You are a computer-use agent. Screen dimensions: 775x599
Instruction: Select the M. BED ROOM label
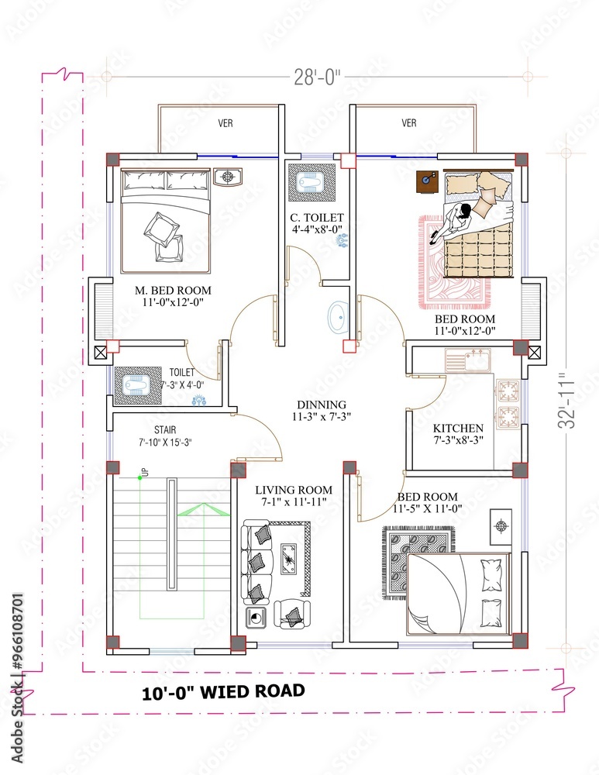173,291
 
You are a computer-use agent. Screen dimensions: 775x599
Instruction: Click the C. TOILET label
318,218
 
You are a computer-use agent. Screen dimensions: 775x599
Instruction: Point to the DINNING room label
322,405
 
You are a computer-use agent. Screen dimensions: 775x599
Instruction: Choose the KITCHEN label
458,428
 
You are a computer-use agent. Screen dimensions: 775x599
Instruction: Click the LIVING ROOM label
294,490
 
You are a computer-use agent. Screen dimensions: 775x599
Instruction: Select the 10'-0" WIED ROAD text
223,691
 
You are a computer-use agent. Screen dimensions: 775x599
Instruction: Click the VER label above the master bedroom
225,123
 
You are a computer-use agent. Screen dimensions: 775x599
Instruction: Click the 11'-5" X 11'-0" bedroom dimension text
428,508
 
